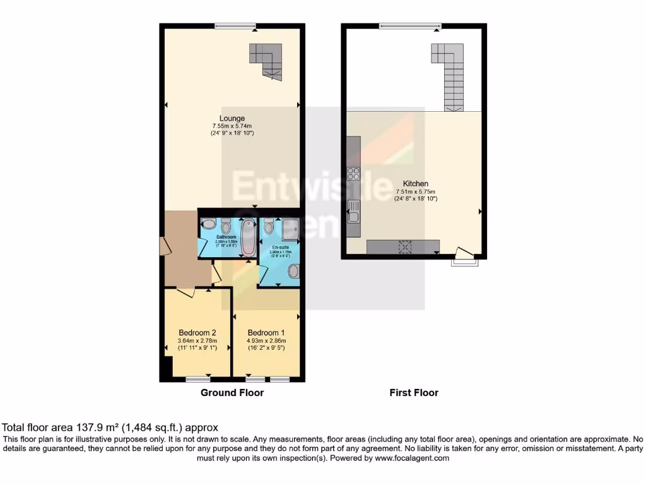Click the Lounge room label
[232, 118]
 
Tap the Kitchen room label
[416, 184]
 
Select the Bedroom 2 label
[197, 333]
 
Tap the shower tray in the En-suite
[290, 224]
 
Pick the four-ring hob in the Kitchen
[353, 174]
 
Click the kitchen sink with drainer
[353, 210]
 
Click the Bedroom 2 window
[198, 379]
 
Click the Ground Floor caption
[232, 393]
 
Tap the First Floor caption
[414, 393]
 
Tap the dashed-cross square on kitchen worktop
[404, 246]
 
